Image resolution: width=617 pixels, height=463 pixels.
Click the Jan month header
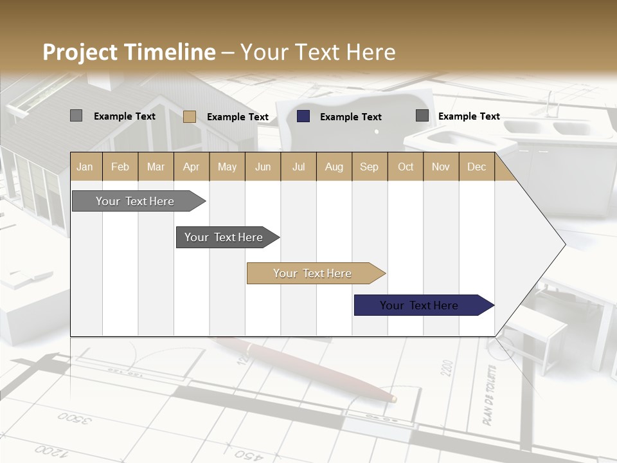[x=85, y=167]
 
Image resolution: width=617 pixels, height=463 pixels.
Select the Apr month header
[x=191, y=167]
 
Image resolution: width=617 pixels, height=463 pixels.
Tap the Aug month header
[x=334, y=167]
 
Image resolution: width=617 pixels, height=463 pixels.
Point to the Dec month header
[x=476, y=167]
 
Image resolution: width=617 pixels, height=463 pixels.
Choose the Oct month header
[x=406, y=167]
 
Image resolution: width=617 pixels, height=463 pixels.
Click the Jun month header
[x=263, y=167]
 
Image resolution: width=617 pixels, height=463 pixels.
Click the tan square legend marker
[x=190, y=116]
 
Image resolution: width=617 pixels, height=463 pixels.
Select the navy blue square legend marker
[x=303, y=116]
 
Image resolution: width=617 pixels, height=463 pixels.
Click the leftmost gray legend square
[x=76, y=116]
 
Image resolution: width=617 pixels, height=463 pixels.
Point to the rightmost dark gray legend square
[x=422, y=116]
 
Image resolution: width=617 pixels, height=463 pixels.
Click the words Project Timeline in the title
[x=129, y=52]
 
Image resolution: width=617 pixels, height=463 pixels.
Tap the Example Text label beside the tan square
[x=238, y=117]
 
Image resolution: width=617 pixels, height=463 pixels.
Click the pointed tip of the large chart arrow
[x=564, y=244]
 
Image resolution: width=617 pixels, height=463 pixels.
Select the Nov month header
[x=441, y=167]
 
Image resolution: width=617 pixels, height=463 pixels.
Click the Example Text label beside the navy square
[x=351, y=117]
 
